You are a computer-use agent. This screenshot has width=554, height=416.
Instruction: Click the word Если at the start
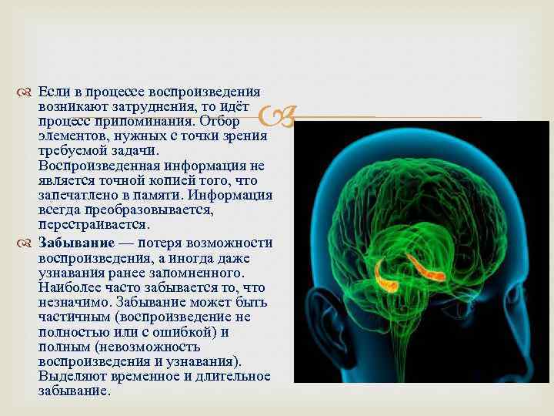coord(52,92)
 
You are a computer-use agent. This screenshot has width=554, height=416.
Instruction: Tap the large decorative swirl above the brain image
coord(278,117)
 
